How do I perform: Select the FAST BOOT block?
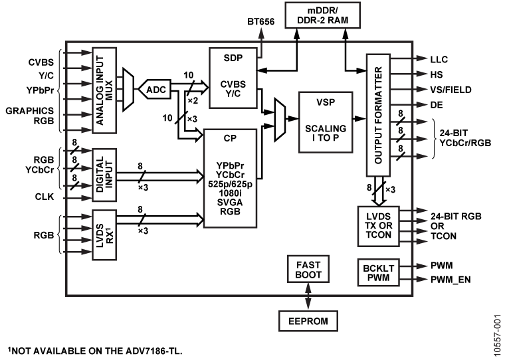(x=306, y=269)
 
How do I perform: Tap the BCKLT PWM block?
(x=377, y=272)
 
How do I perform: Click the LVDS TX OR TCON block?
(x=377, y=226)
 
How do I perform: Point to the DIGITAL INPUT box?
(x=104, y=174)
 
